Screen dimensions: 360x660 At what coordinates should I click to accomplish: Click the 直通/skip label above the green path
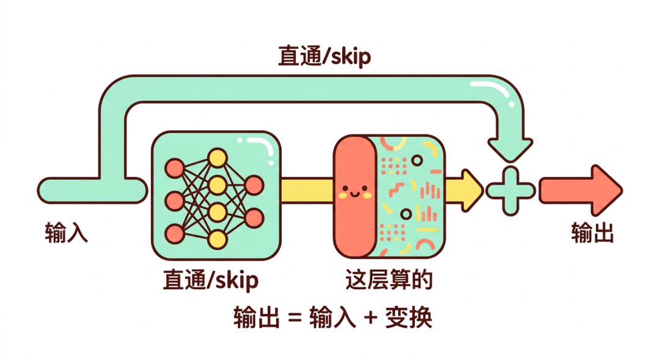point(324,57)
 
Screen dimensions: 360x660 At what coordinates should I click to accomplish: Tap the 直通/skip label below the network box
point(210,281)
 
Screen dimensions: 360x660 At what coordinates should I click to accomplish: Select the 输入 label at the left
point(67,233)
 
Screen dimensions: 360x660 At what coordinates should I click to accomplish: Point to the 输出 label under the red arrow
point(592,233)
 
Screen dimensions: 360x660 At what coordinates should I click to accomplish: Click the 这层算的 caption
point(389,280)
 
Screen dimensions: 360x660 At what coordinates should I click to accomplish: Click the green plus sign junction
point(510,191)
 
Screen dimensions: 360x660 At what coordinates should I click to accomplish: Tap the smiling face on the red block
point(354,193)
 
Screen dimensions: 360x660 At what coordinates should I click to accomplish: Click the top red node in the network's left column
point(175,167)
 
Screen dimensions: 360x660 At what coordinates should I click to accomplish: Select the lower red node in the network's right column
point(254,218)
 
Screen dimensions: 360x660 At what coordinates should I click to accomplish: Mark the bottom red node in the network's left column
point(175,233)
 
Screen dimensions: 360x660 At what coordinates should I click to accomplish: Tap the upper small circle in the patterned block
point(417,160)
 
